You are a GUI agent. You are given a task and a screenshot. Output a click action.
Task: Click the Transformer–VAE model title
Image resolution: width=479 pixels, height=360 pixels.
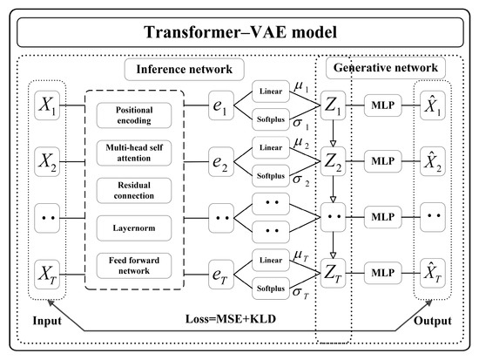[239, 37]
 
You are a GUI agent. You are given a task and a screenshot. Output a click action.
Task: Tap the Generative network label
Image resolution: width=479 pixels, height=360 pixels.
[385, 68]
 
